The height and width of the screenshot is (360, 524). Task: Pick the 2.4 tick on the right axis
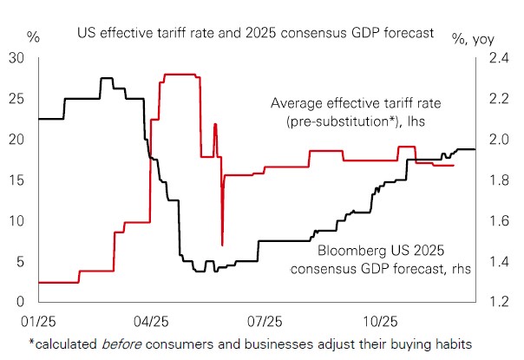click(x=498, y=58)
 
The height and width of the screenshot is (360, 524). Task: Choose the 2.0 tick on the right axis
click(x=498, y=140)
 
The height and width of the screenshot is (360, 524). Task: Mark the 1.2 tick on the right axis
click(x=498, y=302)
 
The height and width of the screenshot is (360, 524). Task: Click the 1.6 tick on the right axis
click(x=498, y=220)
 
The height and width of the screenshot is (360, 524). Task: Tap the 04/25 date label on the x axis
click(x=151, y=320)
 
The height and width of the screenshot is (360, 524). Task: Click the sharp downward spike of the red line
click(x=223, y=244)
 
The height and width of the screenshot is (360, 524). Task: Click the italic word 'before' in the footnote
click(x=125, y=343)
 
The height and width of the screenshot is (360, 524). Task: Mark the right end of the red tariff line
click(x=453, y=166)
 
